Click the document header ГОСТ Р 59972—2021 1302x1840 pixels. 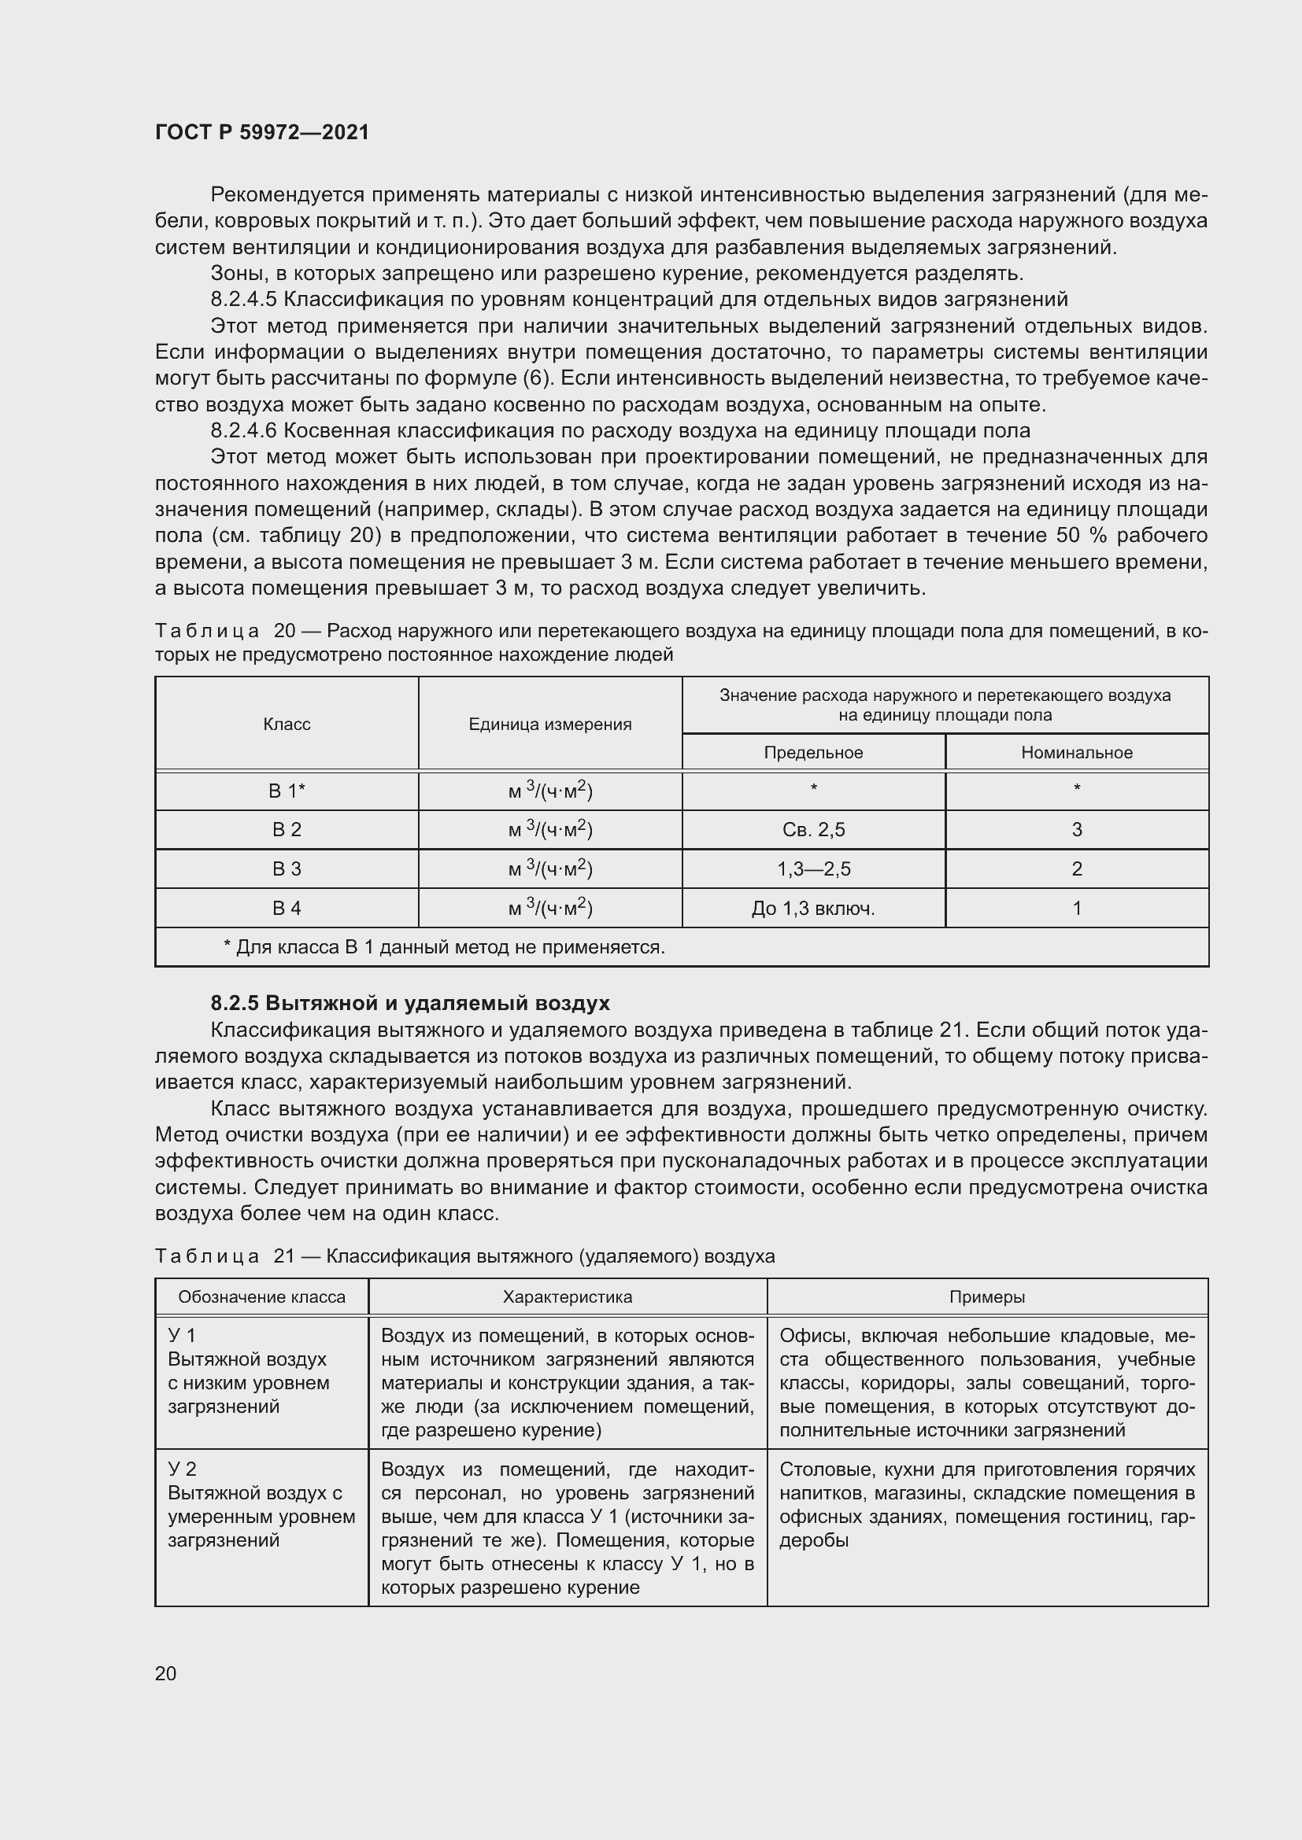[262, 132]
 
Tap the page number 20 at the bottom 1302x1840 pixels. [166, 1673]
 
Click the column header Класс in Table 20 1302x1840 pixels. [287, 725]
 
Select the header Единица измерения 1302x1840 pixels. [550, 725]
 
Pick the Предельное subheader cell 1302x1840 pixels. [813, 753]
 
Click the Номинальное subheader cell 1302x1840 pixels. [1077, 753]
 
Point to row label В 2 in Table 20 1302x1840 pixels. [287, 829]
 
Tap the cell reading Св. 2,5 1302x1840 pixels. [813, 829]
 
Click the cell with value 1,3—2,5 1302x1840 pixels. [813, 868]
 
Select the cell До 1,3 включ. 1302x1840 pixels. [813, 908]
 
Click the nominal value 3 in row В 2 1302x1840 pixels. [1077, 829]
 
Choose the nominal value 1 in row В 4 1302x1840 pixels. [1077, 908]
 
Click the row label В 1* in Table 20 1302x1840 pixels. [287, 791]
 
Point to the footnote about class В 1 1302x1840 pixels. [444, 947]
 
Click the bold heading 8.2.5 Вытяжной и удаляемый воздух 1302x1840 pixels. [409, 1003]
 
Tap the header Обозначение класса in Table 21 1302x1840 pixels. [261, 1296]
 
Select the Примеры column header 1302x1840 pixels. [987, 1296]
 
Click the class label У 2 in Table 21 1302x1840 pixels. [182, 1469]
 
